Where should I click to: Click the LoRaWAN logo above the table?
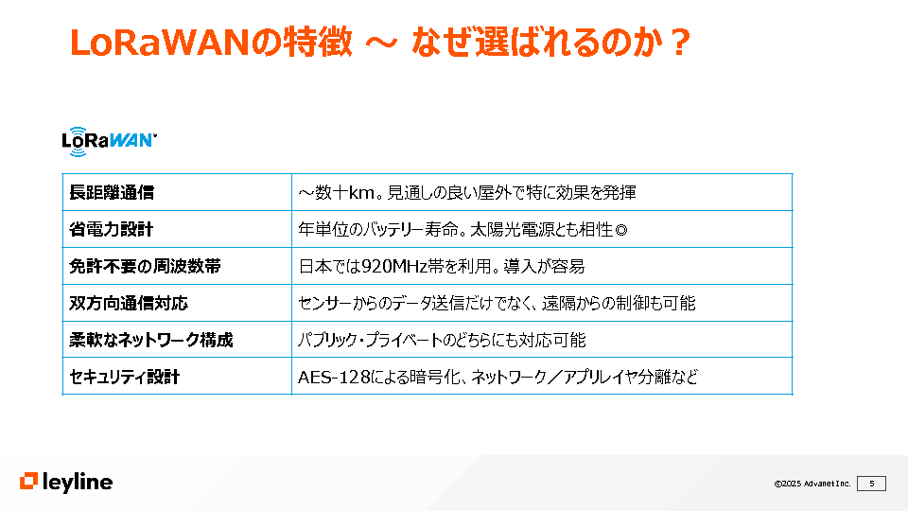[109, 141]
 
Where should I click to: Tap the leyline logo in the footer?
[66, 482]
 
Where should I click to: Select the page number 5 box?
[871, 484]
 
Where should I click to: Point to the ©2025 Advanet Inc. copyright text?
[812, 484]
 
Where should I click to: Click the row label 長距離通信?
[112, 192]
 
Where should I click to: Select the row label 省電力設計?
[112, 229]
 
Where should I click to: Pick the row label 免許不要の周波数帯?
[146, 266]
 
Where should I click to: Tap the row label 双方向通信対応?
[129, 303]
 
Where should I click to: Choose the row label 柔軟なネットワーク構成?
[151, 340]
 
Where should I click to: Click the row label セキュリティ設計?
[125, 377]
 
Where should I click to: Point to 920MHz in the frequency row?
[394, 267]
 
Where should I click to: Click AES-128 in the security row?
[334, 378]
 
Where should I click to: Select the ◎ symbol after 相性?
[620, 230]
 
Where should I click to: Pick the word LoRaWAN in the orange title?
[159, 43]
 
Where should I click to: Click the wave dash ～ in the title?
[381, 43]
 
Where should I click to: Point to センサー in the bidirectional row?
[324, 303]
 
